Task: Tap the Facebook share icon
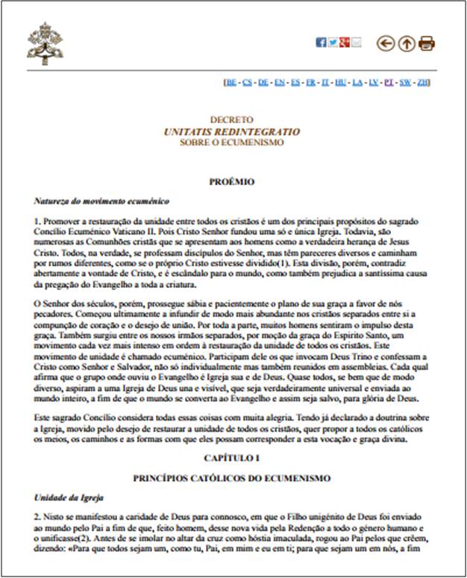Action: click(x=321, y=43)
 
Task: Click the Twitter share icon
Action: click(x=333, y=43)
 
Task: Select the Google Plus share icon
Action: click(x=344, y=43)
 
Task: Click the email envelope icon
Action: click(x=356, y=43)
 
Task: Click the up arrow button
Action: click(x=407, y=43)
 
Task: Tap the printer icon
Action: click(x=427, y=43)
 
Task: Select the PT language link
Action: click(x=389, y=81)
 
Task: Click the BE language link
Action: click(x=230, y=81)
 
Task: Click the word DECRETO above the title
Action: click(x=232, y=119)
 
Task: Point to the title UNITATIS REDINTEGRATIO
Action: click(x=232, y=131)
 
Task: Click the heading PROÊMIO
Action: click(x=232, y=181)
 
